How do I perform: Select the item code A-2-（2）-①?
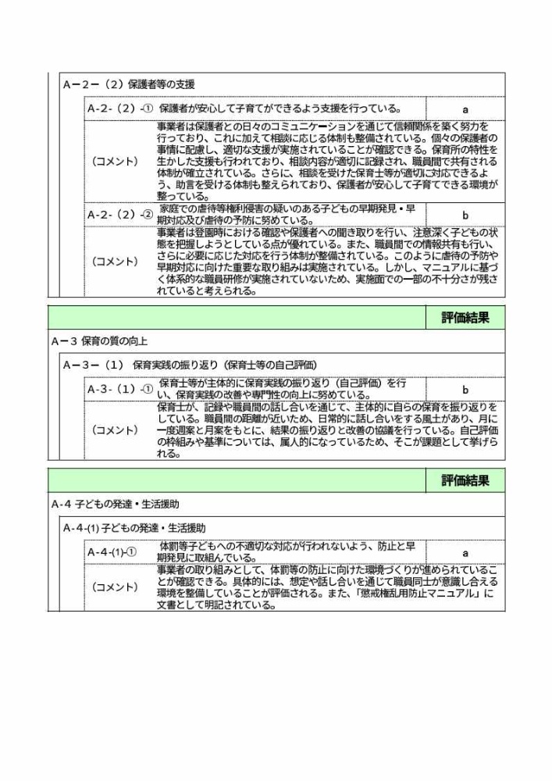(x=120, y=109)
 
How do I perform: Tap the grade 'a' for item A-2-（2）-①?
(x=465, y=109)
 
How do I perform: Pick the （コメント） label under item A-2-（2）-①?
(x=116, y=161)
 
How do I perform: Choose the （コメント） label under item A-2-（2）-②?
(x=116, y=262)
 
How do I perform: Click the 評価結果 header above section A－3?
(x=465, y=318)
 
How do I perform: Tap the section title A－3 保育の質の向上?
(x=99, y=341)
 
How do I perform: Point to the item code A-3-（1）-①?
(x=120, y=389)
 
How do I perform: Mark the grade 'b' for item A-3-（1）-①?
(x=465, y=389)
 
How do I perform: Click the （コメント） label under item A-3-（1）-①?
(x=116, y=430)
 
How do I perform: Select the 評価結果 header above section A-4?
(x=465, y=481)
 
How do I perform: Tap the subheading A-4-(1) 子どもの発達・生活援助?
(x=134, y=529)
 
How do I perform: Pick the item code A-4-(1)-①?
(x=112, y=553)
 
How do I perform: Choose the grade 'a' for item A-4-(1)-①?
(x=465, y=553)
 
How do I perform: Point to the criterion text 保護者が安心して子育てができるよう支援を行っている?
(x=280, y=109)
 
